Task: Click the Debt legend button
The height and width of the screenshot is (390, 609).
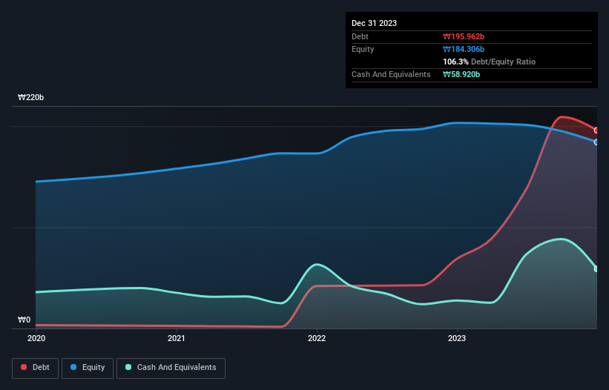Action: [35, 367]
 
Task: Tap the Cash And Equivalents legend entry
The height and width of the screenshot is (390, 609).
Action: [171, 367]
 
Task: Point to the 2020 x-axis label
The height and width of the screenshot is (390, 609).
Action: [36, 338]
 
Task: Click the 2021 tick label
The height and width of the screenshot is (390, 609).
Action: [177, 338]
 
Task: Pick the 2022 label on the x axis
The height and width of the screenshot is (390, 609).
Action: [317, 338]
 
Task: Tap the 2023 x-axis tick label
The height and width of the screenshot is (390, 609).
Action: [457, 338]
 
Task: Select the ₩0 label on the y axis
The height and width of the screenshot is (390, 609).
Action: [24, 320]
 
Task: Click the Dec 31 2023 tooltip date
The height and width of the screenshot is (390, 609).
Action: [374, 23]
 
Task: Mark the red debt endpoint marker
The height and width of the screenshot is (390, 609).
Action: [596, 130]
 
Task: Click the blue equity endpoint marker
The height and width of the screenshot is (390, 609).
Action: [596, 142]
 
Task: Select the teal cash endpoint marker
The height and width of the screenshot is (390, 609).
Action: [596, 268]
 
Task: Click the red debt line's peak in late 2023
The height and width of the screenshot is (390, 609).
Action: [563, 117]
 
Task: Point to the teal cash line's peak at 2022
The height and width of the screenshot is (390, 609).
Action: [317, 264]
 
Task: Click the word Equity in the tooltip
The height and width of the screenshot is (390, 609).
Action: [363, 49]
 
